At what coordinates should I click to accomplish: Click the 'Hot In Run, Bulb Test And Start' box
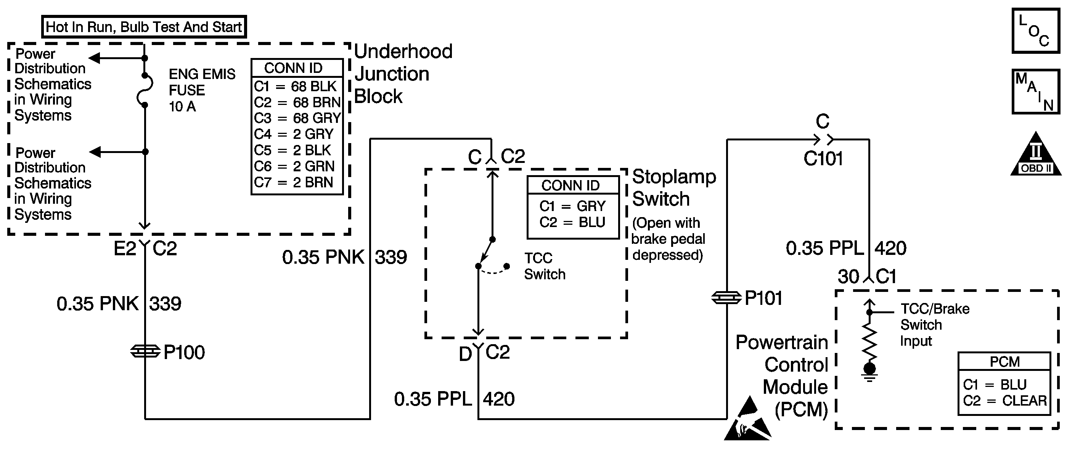click(144, 27)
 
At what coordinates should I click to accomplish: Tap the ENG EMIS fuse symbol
click(145, 90)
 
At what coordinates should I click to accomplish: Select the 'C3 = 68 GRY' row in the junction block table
click(297, 118)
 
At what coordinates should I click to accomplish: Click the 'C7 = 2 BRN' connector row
click(294, 182)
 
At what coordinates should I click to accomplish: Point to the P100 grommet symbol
click(145, 351)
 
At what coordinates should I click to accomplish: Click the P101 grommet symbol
click(726, 298)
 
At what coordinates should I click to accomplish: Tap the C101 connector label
click(823, 158)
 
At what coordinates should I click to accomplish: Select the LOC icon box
click(1035, 31)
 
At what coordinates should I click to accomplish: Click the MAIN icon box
click(1035, 92)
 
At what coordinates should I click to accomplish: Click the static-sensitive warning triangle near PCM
click(748, 419)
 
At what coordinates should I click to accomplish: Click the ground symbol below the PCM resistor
click(869, 372)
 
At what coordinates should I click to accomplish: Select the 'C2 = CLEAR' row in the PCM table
click(1004, 401)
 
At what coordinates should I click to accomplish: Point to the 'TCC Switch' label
click(545, 266)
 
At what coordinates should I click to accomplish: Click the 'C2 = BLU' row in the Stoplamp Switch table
click(572, 222)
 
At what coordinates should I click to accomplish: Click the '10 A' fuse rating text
click(182, 106)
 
